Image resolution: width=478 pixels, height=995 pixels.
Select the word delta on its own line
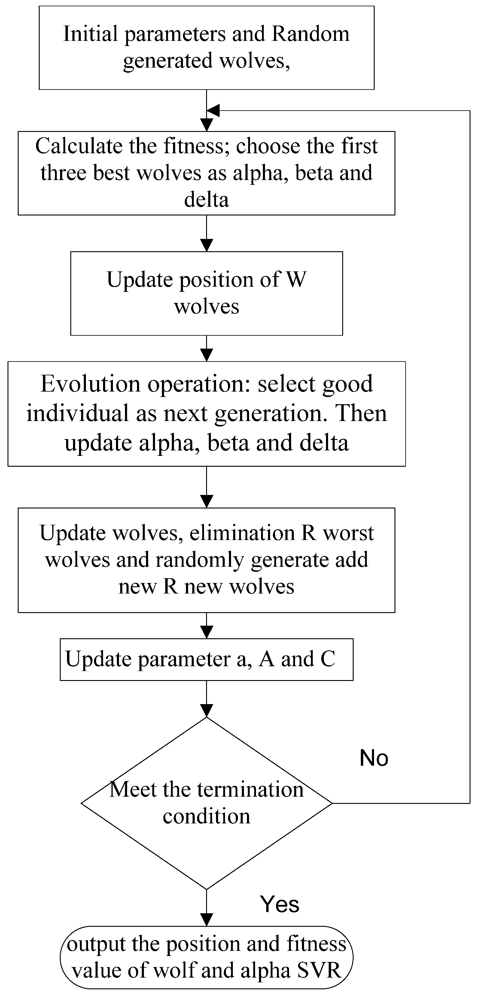click(207, 200)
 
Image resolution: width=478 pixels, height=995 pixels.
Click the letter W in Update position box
click(296, 280)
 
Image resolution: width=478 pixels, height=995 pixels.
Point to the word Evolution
click(90, 384)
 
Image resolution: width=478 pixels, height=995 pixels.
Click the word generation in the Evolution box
click(268, 413)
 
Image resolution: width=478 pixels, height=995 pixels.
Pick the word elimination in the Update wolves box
click(242, 533)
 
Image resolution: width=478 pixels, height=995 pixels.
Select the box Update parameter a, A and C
click(207, 659)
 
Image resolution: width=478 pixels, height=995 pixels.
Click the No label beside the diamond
click(373, 758)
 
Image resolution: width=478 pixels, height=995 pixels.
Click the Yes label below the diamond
click(279, 904)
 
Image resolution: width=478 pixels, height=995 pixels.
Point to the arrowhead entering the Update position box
click(207, 246)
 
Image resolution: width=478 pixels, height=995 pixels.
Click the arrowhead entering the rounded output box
click(207, 920)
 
